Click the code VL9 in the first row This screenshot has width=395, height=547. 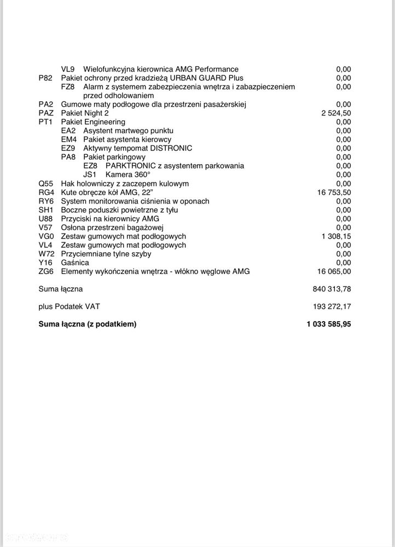(x=68, y=69)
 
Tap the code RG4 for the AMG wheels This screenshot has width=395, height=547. (x=46, y=193)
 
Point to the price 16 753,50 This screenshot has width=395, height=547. (x=334, y=193)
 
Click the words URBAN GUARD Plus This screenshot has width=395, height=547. (x=212, y=78)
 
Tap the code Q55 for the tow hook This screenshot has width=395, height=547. (x=46, y=183)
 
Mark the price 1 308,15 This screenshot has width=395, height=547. (x=336, y=236)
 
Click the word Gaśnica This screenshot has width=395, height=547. (x=75, y=263)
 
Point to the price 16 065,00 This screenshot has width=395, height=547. (x=334, y=271)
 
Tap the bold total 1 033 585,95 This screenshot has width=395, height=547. (x=329, y=324)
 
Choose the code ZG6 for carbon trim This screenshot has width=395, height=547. (x=47, y=271)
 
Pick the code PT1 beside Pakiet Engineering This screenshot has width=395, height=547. (x=46, y=122)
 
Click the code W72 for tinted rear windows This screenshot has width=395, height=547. (x=47, y=254)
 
